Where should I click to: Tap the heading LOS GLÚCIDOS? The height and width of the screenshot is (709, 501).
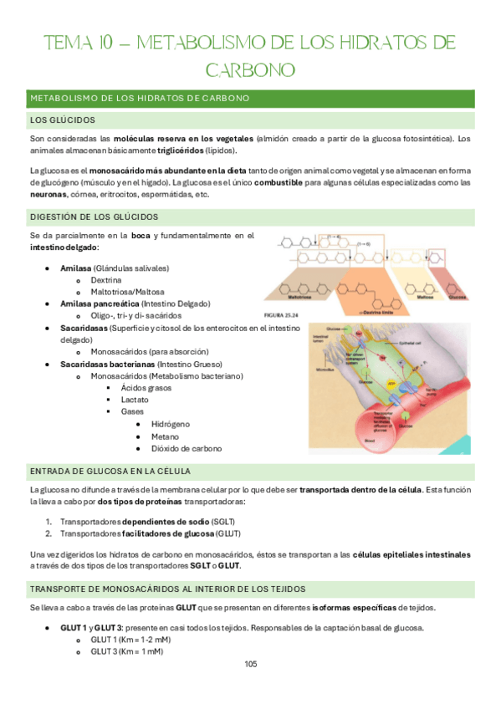(63, 120)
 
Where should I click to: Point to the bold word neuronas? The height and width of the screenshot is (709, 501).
(48, 195)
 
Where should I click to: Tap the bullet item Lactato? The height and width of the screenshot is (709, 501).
(135, 400)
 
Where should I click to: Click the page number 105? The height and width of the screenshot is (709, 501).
(250, 664)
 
